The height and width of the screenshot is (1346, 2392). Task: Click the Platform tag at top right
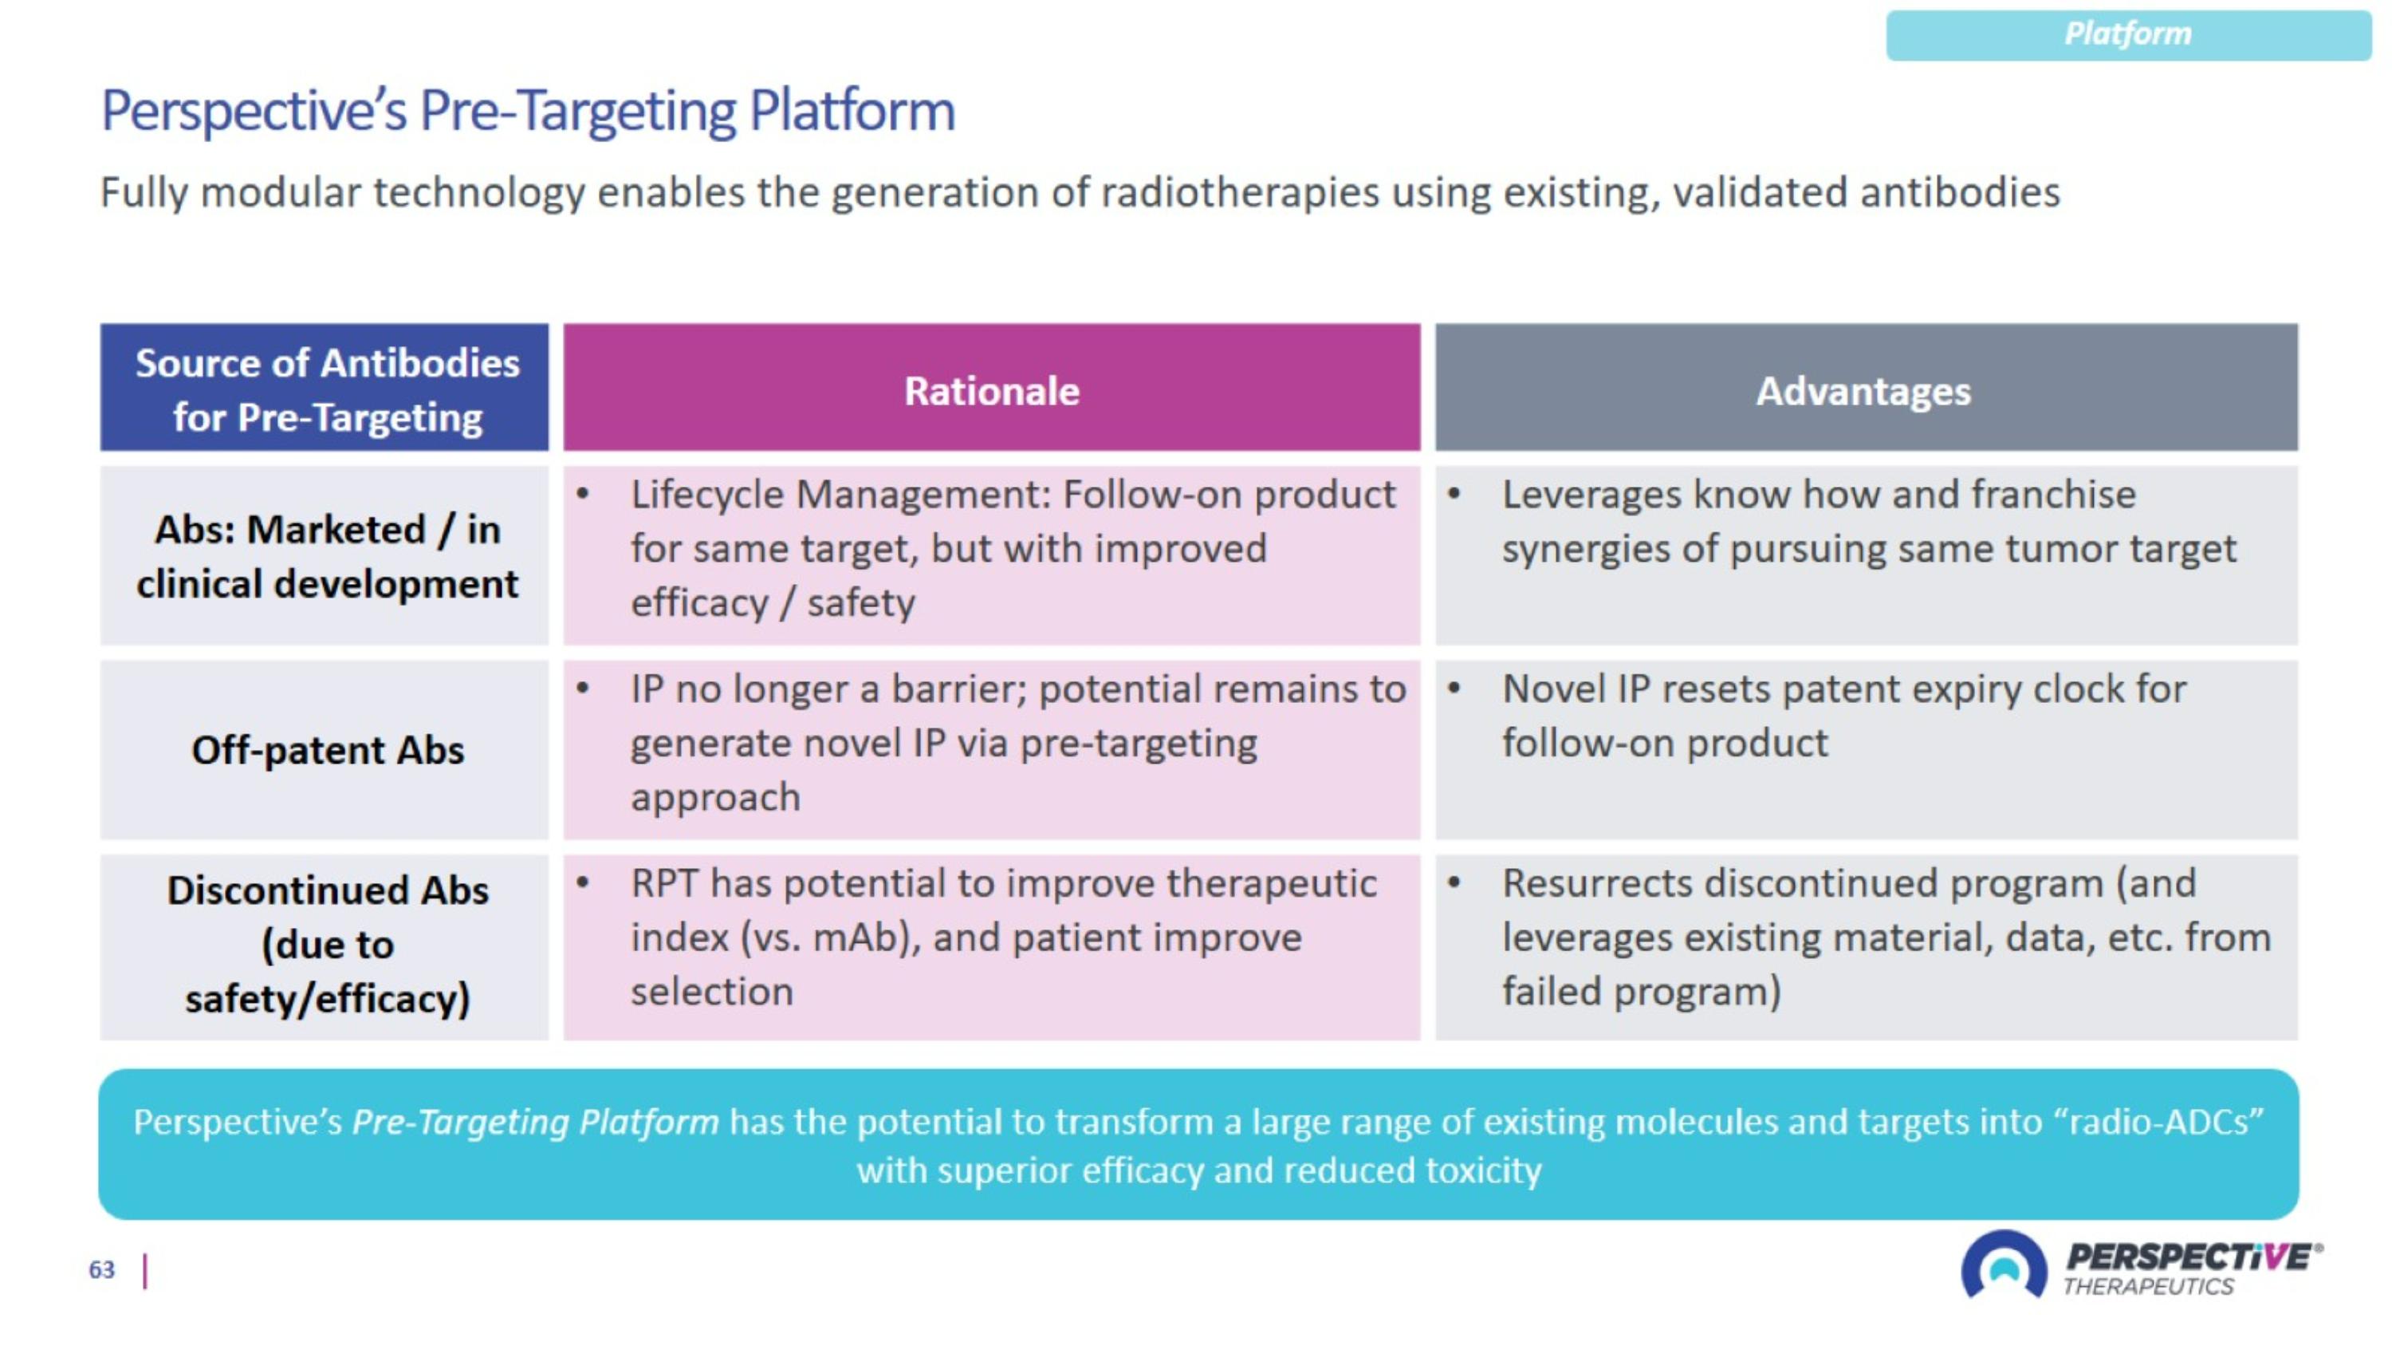[x=2127, y=34]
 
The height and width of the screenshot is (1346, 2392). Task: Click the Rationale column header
[x=992, y=390]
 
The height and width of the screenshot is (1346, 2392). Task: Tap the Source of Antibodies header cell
[x=327, y=389]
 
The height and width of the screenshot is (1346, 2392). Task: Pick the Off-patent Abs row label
[x=327, y=750]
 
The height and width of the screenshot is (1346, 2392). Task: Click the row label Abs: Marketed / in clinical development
[x=327, y=556]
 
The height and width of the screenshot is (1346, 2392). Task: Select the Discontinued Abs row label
[x=327, y=944]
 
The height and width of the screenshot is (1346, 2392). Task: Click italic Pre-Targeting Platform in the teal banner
[x=535, y=1121]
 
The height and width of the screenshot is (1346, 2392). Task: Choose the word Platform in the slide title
[x=852, y=112]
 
